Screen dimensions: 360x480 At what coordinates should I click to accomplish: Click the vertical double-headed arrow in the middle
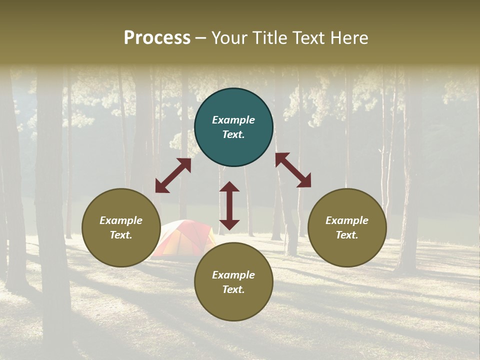229,205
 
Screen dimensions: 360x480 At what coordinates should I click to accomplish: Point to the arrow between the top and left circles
173,175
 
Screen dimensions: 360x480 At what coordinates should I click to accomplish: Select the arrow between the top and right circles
293,170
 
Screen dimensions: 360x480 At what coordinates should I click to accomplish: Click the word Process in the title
157,37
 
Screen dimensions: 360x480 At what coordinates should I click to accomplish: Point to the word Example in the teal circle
233,120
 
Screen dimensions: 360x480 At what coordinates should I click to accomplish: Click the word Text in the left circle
121,235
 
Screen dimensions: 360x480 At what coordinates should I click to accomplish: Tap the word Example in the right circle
347,220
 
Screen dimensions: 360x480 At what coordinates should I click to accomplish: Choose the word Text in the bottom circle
233,289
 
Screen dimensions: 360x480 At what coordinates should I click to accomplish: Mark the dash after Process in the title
201,38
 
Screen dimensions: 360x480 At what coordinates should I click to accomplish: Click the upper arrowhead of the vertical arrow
229,187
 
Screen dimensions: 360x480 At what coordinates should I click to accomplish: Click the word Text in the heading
308,37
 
